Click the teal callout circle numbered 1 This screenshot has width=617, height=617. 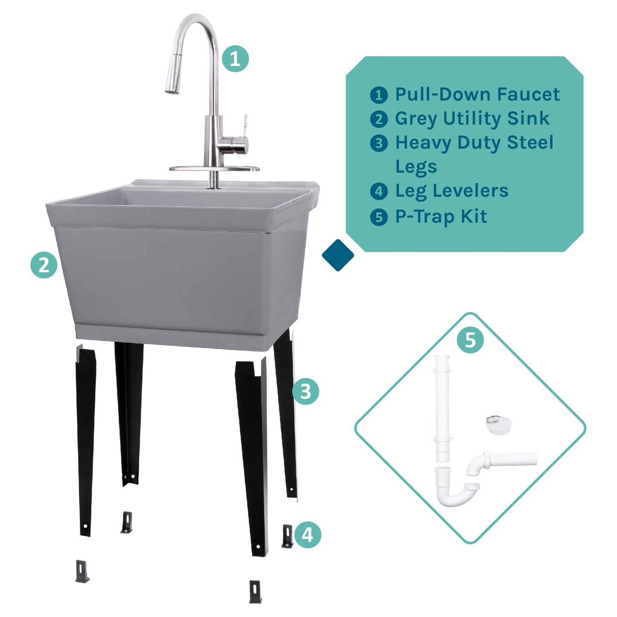click(235, 58)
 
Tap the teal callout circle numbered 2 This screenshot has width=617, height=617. click(44, 265)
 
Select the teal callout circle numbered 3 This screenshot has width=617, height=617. click(306, 391)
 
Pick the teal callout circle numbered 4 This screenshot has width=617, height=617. click(307, 535)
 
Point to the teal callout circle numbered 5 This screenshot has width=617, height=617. click(470, 340)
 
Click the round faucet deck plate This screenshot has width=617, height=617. click(214, 169)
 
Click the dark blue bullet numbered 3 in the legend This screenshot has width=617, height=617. click(379, 143)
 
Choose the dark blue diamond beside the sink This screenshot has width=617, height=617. click(338, 255)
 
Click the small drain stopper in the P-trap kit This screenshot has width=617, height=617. click(498, 426)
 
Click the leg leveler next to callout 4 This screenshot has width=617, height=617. click(287, 536)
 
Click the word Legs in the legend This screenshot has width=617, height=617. click(416, 167)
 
